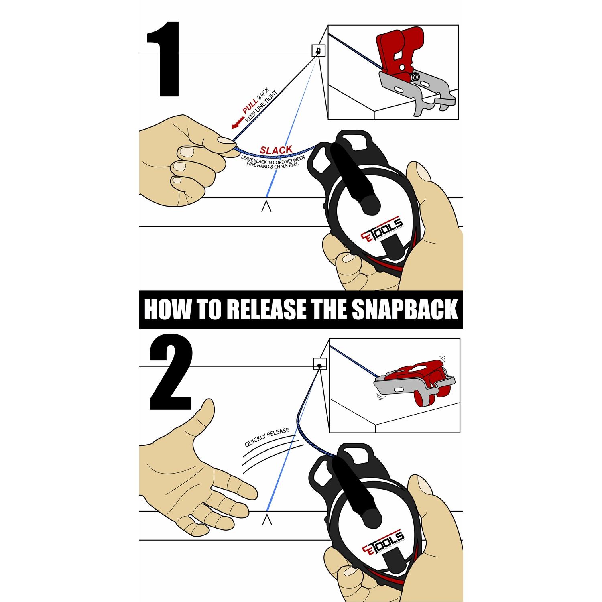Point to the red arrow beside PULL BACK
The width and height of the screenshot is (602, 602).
(237, 123)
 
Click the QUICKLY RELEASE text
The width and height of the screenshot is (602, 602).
(267, 437)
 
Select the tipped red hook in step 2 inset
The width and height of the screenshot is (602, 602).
(421, 379)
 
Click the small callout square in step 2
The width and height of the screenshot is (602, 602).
(319, 364)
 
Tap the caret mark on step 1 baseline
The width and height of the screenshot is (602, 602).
(266, 207)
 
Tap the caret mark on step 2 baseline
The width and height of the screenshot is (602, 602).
(267, 520)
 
